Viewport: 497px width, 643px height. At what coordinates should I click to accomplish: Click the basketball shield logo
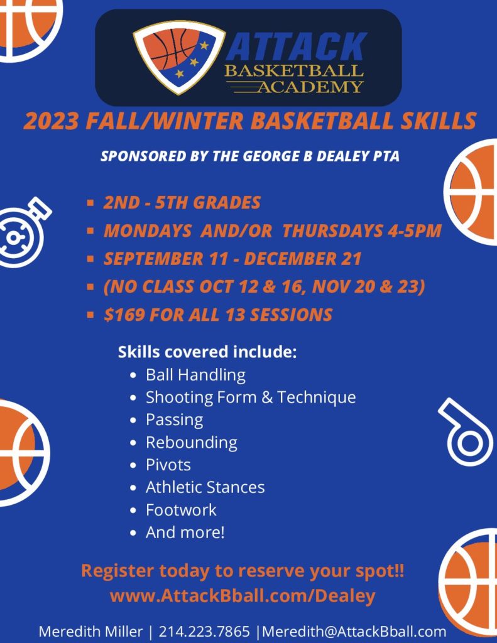[x=179, y=57]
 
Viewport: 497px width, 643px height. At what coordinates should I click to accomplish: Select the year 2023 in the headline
[x=51, y=121]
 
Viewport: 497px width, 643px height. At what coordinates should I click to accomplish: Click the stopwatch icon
[x=23, y=232]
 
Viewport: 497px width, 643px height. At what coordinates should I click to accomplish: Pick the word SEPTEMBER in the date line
[x=153, y=259]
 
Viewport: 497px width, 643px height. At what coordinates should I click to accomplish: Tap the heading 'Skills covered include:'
[x=207, y=352]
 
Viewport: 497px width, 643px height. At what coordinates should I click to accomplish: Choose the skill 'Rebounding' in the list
[x=192, y=443]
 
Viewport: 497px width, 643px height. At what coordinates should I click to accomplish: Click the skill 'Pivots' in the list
[x=168, y=465]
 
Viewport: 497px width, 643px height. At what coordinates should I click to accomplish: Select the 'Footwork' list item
[x=181, y=510]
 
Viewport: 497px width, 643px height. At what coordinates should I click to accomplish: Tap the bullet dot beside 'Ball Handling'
[x=133, y=376]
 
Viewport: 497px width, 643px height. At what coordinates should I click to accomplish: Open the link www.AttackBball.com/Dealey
[x=243, y=596]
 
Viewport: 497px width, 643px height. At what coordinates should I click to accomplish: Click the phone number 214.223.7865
[x=204, y=631]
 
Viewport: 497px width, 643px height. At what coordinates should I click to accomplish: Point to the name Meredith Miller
[x=90, y=631]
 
